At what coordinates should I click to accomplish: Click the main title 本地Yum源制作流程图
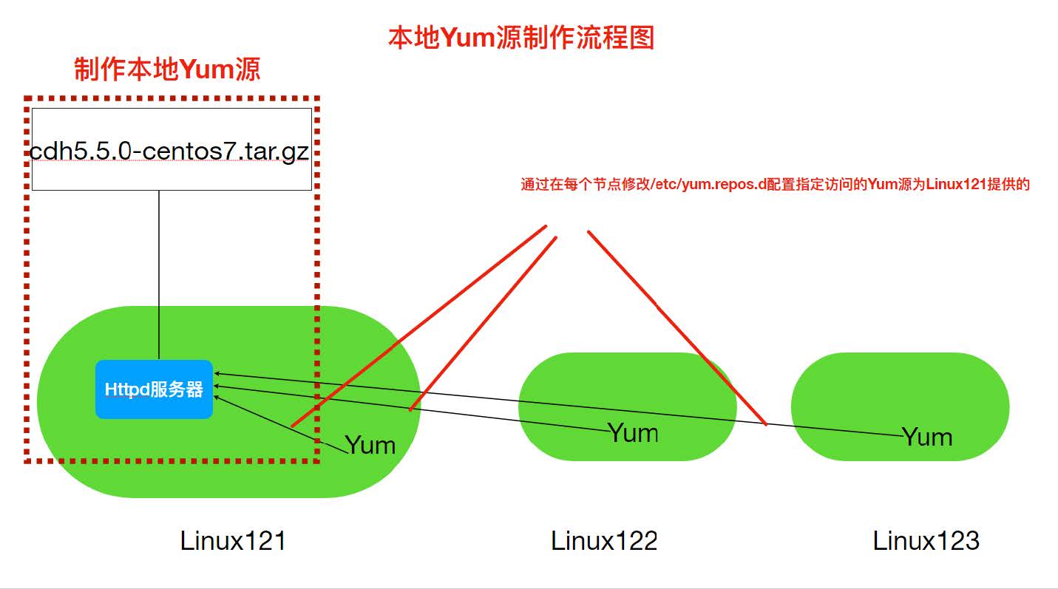521,37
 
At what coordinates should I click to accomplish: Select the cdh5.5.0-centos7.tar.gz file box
172,149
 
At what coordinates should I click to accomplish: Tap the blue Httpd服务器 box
154,389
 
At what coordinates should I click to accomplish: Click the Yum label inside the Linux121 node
370,445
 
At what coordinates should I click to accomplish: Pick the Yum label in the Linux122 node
633,432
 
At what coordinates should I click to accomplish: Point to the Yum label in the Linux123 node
927,437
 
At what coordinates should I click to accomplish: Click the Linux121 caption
233,541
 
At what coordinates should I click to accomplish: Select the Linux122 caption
604,541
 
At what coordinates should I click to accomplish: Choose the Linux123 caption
926,541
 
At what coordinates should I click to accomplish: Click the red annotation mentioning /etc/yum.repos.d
775,185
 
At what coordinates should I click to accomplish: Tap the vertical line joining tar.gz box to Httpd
159,273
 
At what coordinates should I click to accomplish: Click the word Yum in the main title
467,37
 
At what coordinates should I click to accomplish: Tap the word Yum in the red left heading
208,69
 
